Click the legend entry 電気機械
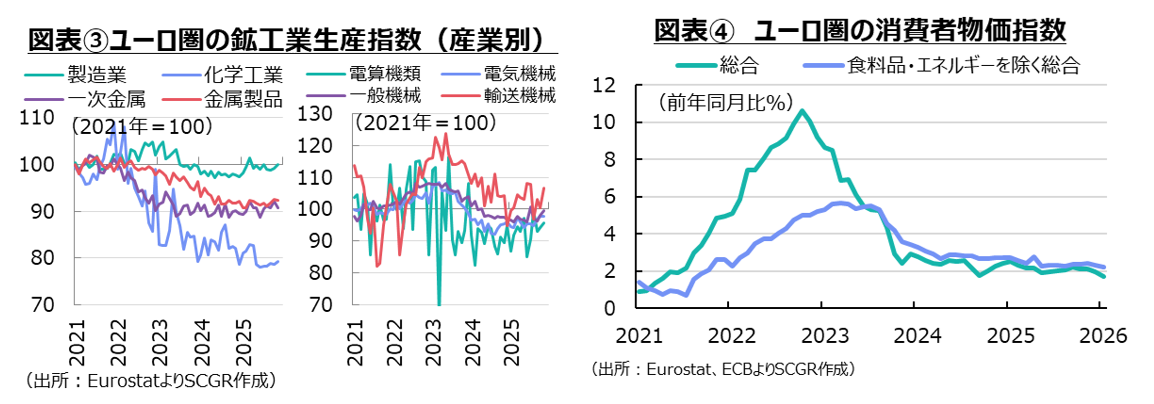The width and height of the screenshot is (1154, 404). tap(519, 75)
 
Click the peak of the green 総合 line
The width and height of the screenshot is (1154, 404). tap(801, 111)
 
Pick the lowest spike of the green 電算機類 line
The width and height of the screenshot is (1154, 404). tap(438, 303)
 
